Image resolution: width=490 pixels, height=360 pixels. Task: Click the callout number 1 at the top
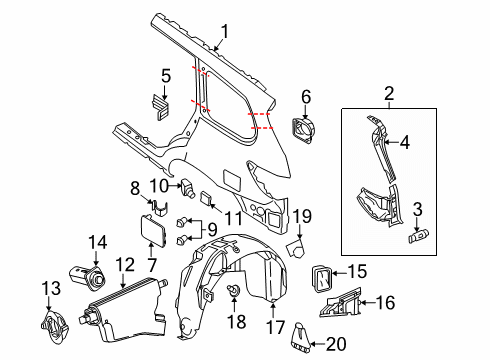point(225,30)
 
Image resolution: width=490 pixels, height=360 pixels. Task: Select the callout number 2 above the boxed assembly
point(387,94)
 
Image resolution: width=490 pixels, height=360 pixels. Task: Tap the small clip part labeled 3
point(420,238)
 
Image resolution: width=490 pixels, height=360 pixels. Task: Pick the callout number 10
point(159,185)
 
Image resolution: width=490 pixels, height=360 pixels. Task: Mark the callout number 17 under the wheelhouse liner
point(272,326)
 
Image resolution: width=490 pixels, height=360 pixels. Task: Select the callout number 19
point(302,214)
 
